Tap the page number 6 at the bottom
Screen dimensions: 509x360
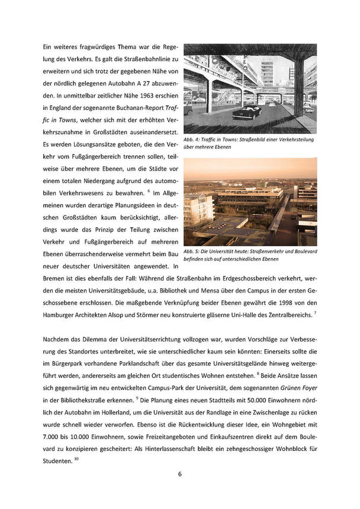pos(180,474)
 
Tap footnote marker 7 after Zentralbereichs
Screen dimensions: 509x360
pos(316,313)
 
